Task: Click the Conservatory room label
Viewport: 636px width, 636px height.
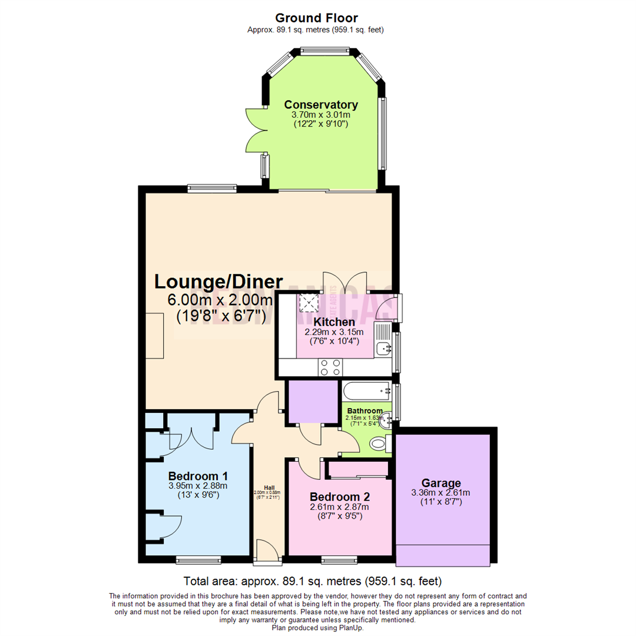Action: [x=321, y=105]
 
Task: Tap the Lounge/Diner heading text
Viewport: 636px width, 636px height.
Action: [x=218, y=281]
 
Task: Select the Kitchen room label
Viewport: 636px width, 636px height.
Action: [x=334, y=322]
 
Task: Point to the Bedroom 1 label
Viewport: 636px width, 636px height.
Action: [x=198, y=476]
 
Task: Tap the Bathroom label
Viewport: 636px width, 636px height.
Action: [x=365, y=410]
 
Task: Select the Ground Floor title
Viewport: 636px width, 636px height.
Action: [x=316, y=18]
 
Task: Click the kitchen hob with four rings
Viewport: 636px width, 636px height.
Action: [x=330, y=367]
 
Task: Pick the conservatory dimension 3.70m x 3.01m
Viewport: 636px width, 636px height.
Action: [x=321, y=115]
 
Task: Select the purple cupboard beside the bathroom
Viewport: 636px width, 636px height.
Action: [x=313, y=402]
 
